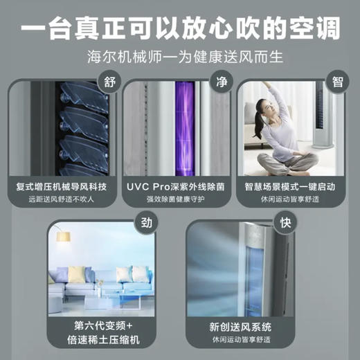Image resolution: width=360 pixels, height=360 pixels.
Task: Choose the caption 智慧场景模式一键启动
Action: coord(291,186)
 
